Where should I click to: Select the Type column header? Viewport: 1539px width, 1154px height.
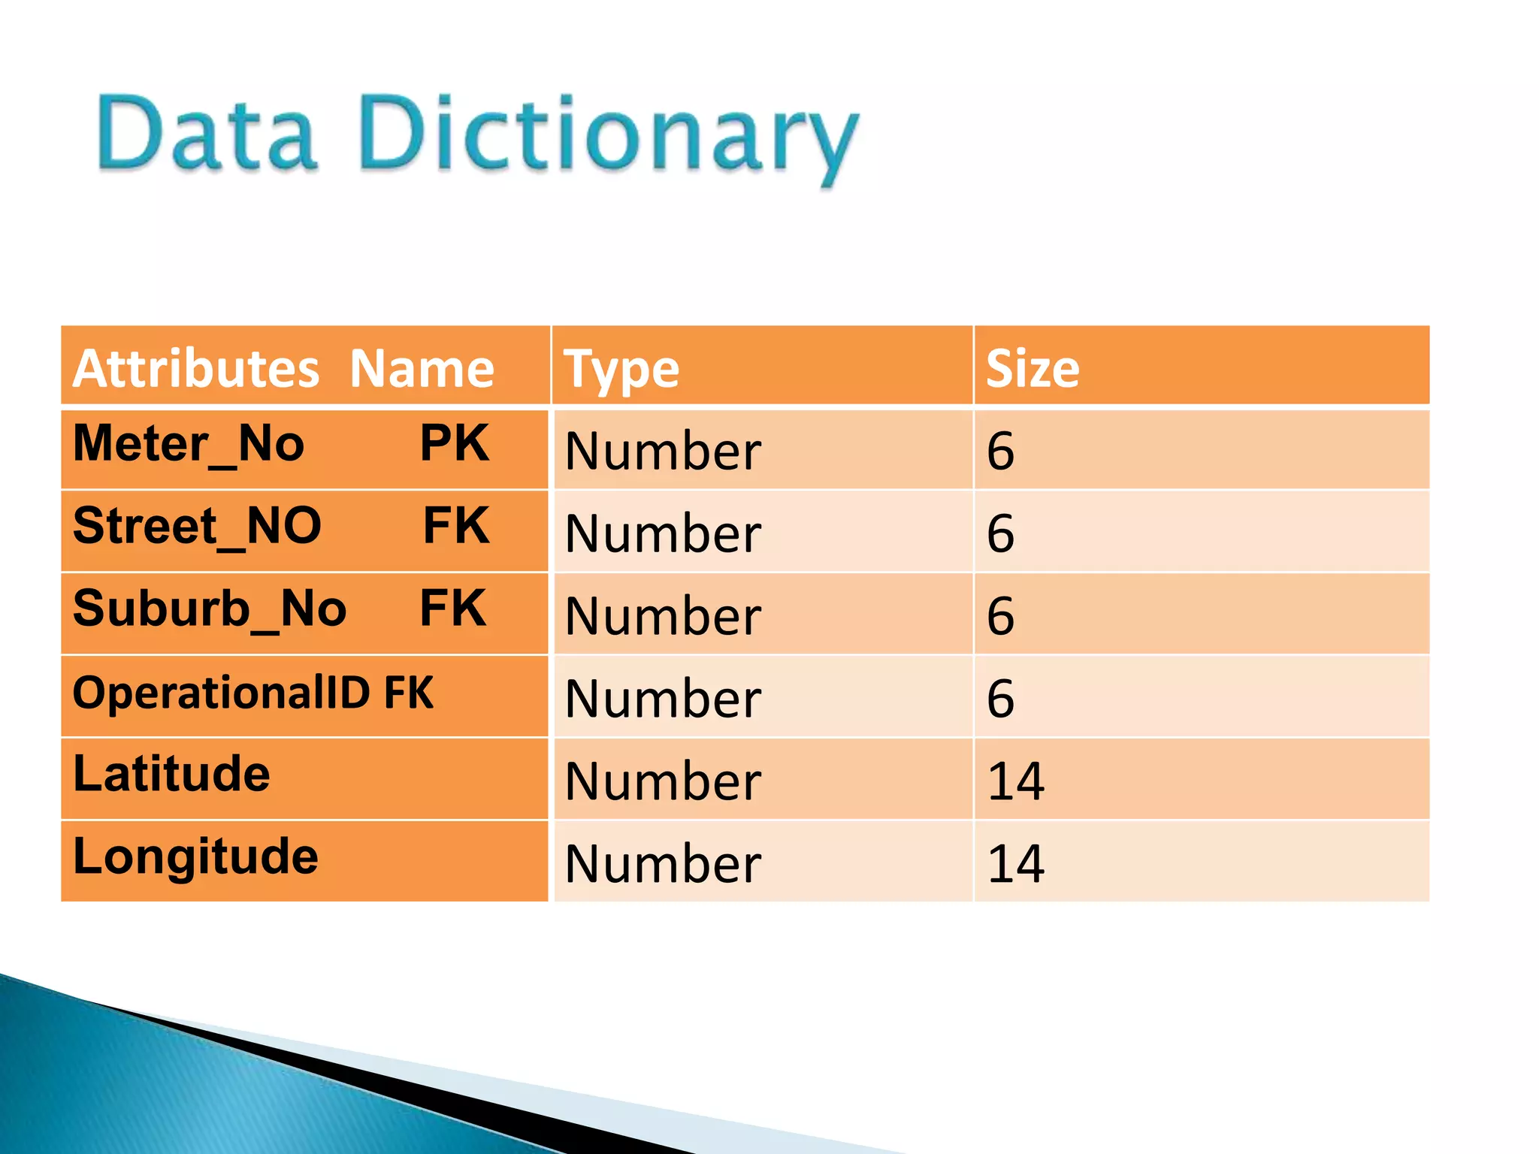(x=621, y=370)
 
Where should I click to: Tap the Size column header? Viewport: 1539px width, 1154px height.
(x=1032, y=369)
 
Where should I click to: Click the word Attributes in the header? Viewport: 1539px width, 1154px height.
(x=196, y=369)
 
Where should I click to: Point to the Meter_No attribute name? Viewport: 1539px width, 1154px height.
(x=189, y=444)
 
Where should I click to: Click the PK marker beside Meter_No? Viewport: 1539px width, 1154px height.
(x=455, y=443)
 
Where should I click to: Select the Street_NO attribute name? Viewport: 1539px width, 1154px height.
(x=197, y=526)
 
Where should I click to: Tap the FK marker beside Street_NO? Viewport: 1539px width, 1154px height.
(x=456, y=525)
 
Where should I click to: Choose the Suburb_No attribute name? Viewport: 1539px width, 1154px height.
(x=210, y=609)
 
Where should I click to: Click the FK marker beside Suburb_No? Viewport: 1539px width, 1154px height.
(x=453, y=608)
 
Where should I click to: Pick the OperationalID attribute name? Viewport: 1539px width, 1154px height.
(x=221, y=693)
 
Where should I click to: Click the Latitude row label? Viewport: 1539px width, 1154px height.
(x=171, y=774)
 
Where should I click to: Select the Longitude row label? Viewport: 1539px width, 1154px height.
(x=195, y=856)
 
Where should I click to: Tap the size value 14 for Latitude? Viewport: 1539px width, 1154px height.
(x=1015, y=781)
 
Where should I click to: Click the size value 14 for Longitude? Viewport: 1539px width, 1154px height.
(x=1015, y=864)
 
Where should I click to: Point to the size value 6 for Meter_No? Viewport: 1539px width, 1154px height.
(x=1000, y=451)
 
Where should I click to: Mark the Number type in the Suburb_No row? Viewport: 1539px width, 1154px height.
(x=663, y=616)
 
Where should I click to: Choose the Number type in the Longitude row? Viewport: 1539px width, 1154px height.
(x=663, y=864)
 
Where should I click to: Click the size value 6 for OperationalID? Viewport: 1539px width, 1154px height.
(x=1000, y=699)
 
